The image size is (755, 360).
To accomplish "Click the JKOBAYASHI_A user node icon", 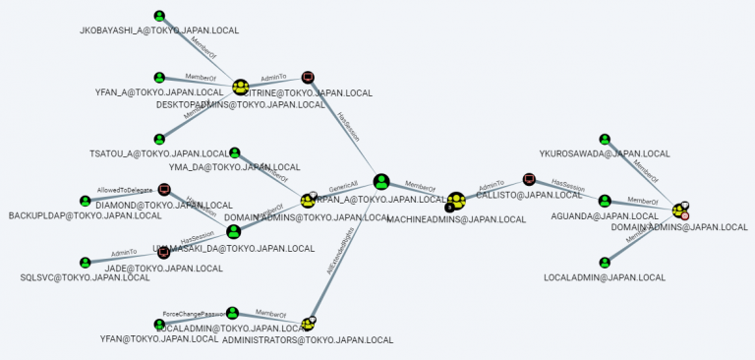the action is pos(159,17).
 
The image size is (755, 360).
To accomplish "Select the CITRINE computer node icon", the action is pos(308,78).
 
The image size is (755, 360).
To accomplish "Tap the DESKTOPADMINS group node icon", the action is pos(240,89).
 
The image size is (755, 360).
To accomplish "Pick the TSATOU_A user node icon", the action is pos(159,140).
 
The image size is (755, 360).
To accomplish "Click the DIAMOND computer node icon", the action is pos(164,190).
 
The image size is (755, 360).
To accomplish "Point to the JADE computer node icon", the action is pos(164,252).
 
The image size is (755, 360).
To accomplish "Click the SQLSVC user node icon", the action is pos(86,263).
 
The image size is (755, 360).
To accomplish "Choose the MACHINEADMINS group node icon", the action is pos(455,201).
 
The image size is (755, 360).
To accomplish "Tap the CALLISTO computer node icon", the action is pos(529,180).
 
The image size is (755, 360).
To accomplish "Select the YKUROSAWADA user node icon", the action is pos(605,140).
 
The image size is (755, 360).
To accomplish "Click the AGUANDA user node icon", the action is pos(605,201).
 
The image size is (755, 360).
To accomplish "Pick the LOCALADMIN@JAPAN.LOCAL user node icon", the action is pos(605,263).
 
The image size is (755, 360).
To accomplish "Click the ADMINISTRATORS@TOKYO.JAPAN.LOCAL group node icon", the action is pos(309,324).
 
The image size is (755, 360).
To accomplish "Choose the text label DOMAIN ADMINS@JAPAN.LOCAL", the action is pos(679,227).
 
